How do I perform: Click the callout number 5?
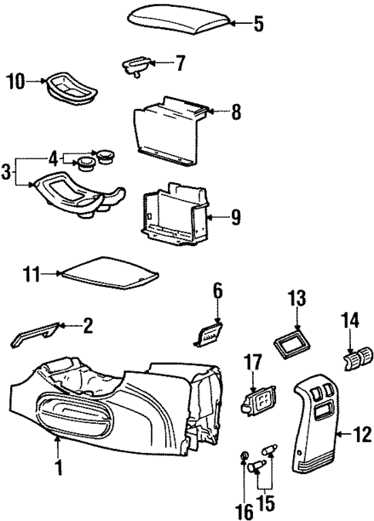coord(258,24)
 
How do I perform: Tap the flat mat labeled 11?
coord(113,270)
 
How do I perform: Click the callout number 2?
coord(88,327)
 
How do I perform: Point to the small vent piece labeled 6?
coord(210,335)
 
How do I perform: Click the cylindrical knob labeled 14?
coord(357,358)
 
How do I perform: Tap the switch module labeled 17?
coord(261,401)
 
